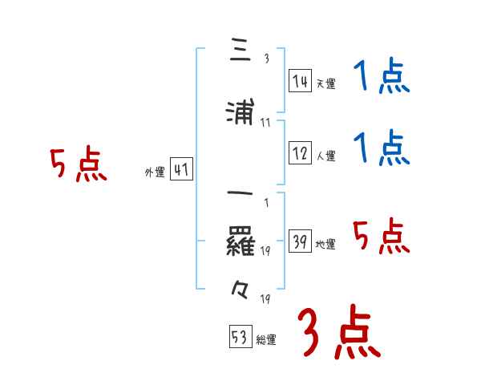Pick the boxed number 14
(x=301, y=81)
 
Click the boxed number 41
(x=181, y=170)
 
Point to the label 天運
(x=325, y=83)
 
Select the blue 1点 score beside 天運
(x=382, y=79)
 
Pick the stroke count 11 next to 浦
(x=265, y=123)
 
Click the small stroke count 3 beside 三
(x=266, y=59)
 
